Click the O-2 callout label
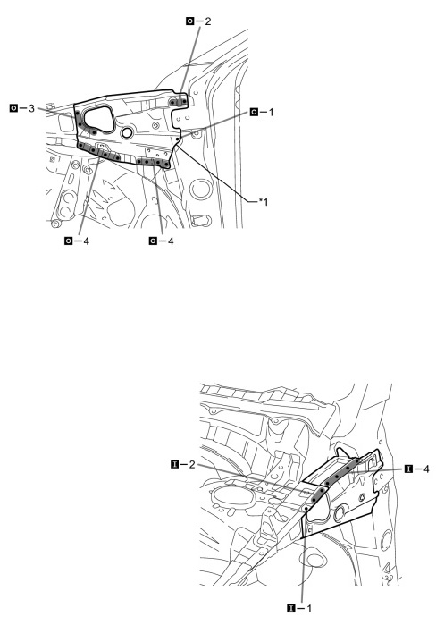click(x=198, y=21)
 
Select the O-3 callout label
click(x=22, y=108)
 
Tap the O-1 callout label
click(x=262, y=112)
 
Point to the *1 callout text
click(x=264, y=202)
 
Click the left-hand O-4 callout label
click(x=77, y=241)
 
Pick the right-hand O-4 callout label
click(x=161, y=241)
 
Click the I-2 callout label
click(x=183, y=464)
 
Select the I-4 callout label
click(x=417, y=469)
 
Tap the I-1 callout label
click(x=299, y=608)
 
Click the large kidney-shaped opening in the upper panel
click(x=99, y=118)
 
